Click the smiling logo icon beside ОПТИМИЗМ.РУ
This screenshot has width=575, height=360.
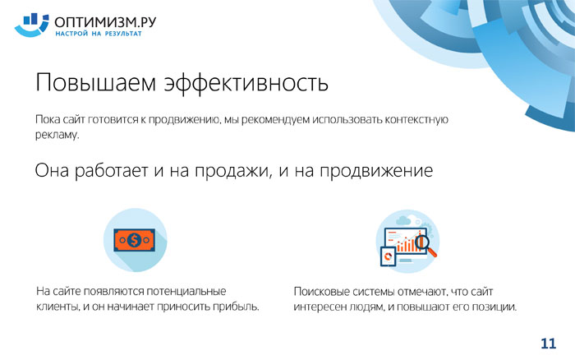tap(31, 25)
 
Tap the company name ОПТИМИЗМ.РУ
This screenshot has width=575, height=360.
tap(105, 22)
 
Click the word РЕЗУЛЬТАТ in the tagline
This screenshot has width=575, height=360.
tap(123, 34)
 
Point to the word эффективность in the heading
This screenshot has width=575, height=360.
tap(246, 82)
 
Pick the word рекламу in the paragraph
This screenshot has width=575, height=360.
tap(57, 134)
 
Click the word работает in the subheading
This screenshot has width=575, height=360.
tap(111, 171)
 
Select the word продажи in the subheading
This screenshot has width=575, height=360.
tap(233, 171)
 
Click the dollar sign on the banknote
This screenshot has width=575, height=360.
tap(134, 240)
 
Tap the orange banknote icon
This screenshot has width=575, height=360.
tap(134, 240)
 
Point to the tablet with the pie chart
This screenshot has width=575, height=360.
tap(389, 256)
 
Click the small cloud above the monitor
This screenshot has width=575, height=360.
tap(403, 220)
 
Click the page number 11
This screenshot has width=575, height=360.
tap(548, 344)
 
